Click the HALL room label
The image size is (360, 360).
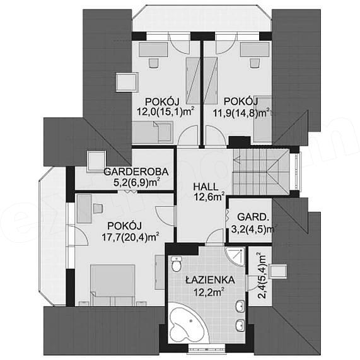tap(206, 187)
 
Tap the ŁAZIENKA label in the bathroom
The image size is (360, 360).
tap(210, 280)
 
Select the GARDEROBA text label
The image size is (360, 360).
tap(136, 171)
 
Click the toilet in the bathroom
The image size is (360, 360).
tap(177, 264)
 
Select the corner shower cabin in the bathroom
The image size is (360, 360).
tap(235, 256)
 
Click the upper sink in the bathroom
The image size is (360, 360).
tap(240, 306)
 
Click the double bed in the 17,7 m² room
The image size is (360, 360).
tap(112, 285)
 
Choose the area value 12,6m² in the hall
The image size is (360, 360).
tap(209, 197)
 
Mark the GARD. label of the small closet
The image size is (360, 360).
tap(252, 217)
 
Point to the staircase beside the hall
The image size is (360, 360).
tap(260, 171)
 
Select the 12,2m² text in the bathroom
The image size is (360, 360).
tap(209, 292)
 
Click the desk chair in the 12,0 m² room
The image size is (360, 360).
tap(154, 62)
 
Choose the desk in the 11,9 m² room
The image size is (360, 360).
tap(255, 50)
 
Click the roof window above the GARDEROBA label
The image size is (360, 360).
tap(96, 161)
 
